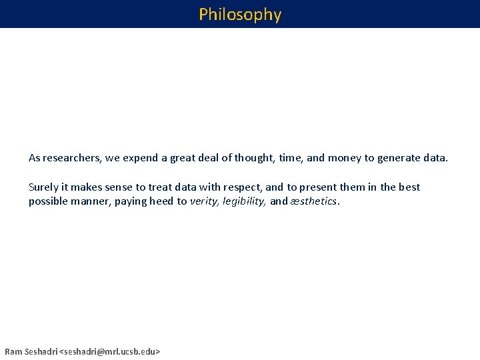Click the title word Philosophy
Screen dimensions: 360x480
(240, 14)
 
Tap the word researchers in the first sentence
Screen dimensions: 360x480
(70, 158)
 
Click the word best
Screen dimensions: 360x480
(409, 187)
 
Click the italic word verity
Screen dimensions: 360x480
(204, 201)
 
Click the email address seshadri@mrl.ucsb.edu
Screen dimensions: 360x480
(110, 351)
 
